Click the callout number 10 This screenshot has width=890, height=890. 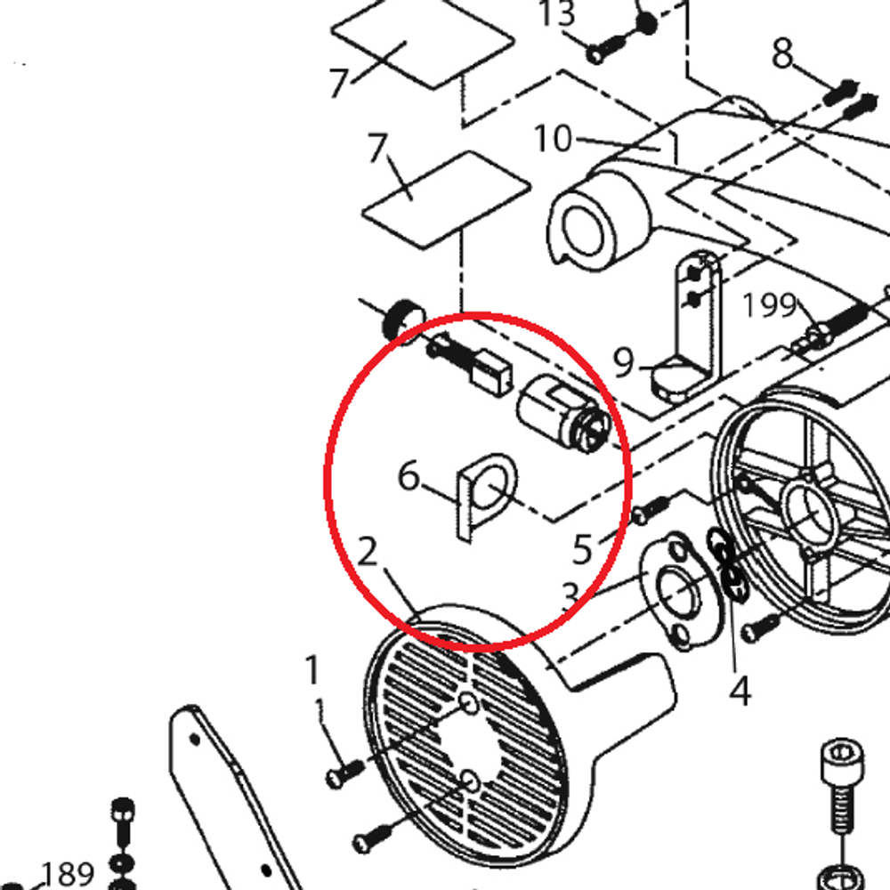[553, 139]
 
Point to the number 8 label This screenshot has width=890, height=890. [782, 54]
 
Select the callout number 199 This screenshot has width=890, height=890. [769, 304]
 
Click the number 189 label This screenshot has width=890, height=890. [67, 874]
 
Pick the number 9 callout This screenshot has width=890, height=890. [623, 362]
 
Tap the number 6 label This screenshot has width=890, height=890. [409, 475]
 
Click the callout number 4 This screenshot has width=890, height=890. [740, 691]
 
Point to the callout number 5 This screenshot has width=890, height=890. [582, 549]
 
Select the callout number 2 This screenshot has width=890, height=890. [368, 551]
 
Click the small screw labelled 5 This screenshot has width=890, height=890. [651, 508]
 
